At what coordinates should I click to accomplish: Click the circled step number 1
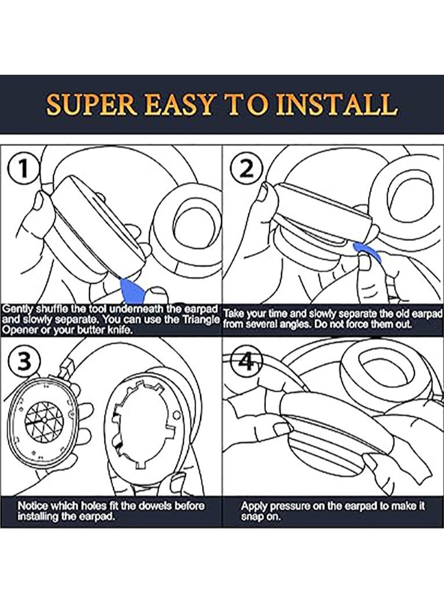(x=23, y=169)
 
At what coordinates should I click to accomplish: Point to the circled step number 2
(x=246, y=169)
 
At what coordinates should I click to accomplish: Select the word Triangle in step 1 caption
(x=201, y=320)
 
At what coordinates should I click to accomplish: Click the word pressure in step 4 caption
(x=290, y=506)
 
